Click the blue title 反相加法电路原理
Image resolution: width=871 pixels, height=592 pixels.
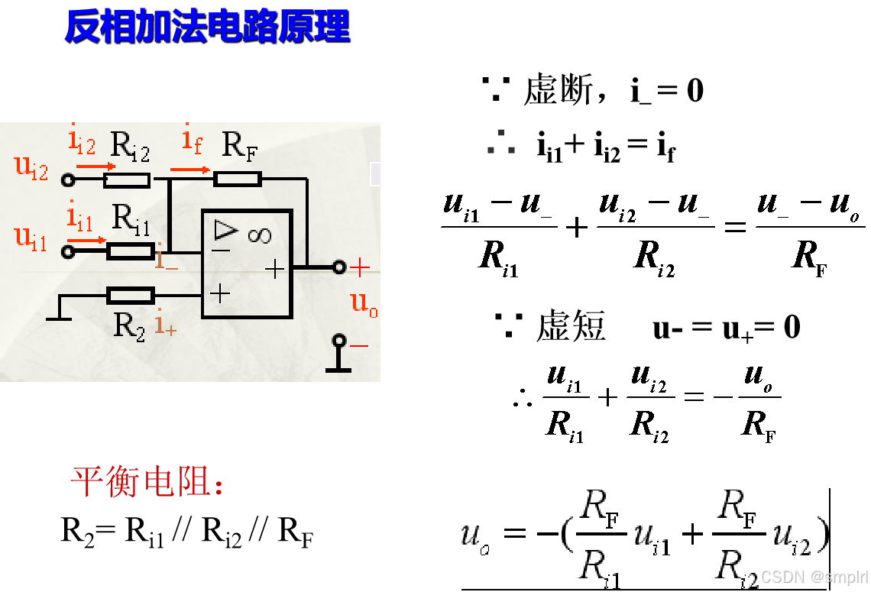pos(206,27)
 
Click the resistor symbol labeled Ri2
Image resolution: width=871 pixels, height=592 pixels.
pos(127,180)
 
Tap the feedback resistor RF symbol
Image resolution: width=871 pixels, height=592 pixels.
pos(238,179)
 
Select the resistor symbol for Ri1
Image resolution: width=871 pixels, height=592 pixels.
pos(130,251)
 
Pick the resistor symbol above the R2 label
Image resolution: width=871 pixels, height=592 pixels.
pos(131,295)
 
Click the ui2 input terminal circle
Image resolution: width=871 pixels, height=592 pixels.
pos(68,180)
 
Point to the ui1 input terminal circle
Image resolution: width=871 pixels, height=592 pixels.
pos(68,251)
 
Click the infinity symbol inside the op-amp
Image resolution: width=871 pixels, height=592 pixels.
pos(259,235)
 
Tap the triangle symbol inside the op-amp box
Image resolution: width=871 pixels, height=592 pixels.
pos(226,229)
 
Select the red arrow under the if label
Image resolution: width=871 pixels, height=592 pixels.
pos(189,170)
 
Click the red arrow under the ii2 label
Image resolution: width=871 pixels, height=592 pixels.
pos(96,166)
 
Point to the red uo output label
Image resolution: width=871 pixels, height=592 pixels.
pos(364,303)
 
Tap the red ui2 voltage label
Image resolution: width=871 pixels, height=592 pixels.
pos(31,167)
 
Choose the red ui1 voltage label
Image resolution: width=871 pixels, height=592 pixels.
pos(31,238)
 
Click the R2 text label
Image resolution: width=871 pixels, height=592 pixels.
pos(129,325)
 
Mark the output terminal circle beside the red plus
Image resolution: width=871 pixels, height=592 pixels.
pos(339,267)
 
